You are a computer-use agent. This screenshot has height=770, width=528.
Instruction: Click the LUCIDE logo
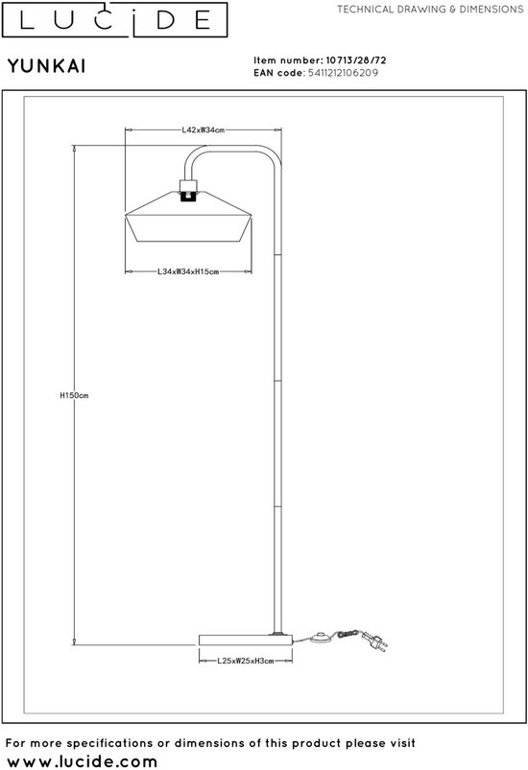pos(114,19)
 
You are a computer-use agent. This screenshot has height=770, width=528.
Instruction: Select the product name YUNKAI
pos(47,66)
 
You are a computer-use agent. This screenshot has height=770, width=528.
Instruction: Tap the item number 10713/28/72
pos(356,60)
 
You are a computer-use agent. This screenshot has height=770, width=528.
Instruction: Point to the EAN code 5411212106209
pos(343,73)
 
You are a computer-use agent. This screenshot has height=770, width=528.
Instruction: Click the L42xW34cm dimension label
pos(203,130)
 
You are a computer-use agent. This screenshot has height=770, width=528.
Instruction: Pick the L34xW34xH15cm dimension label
pos(188,271)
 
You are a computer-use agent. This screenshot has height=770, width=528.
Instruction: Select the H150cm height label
pos(74,395)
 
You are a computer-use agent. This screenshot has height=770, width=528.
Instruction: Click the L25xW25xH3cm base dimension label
pos(246,661)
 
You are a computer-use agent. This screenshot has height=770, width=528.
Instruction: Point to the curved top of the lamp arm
pos(232,150)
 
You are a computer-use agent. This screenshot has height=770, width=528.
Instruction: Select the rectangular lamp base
pos(246,641)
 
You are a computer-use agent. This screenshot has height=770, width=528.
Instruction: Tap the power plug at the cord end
pos(375,642)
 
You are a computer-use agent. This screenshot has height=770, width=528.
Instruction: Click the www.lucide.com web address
pos(83,761)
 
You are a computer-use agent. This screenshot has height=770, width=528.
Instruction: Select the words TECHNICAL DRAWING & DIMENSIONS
pos(430,10)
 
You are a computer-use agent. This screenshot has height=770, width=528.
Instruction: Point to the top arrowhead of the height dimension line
pos(74,149)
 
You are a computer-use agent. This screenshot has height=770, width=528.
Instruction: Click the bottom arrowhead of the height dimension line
pos(74,642)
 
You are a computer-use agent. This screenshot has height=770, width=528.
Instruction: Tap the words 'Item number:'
pos(288,60)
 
